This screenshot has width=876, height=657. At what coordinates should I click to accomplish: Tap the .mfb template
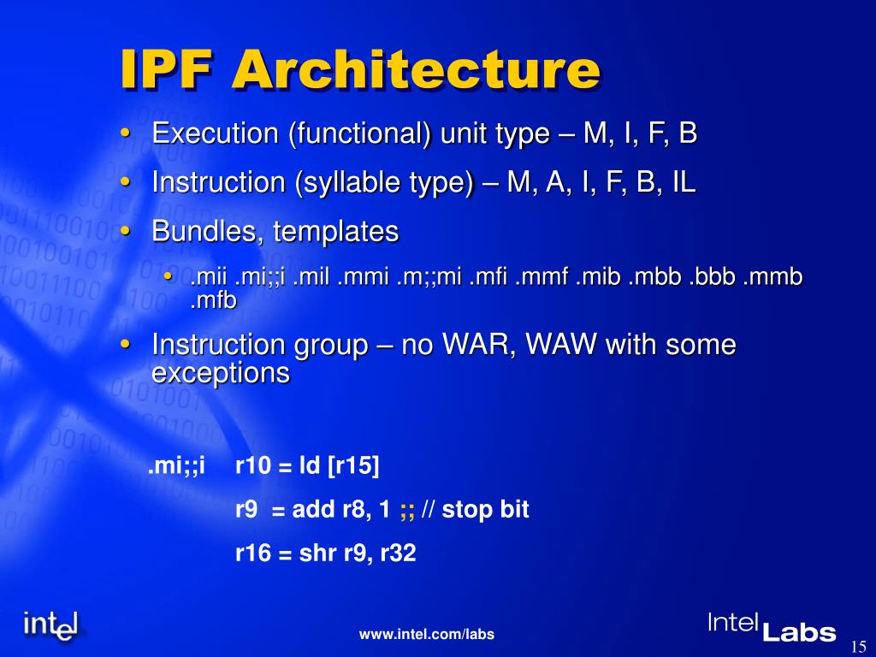click(x=213, y=300)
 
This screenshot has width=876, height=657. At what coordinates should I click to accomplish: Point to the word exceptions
click(x=221, y=374)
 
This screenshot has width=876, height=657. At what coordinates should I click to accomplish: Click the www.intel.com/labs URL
click(x=427, y=634)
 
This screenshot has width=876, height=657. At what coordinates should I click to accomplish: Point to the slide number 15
click(x=860, y=644)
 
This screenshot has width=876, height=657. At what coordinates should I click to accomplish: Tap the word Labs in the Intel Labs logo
click(x=798, y=632)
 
